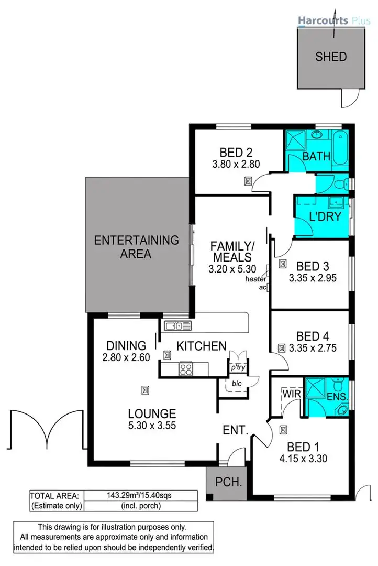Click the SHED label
tap(331, 57)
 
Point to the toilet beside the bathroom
tap(340, 183)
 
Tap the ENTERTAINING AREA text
tap(136, 247)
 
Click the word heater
tap(256, 279)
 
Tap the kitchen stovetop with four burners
tap(186, 368)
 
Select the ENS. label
tap(336, 397)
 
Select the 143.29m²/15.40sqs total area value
tap(140, 495)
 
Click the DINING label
tap(126, 346)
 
